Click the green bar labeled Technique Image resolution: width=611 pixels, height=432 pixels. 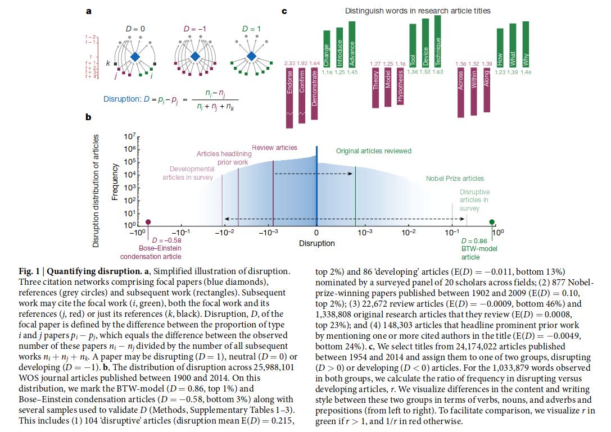tap(438, 41)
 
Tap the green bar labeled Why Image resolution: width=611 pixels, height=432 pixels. tap(526, 44)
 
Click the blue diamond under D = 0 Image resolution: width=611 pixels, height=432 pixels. tap(135, 57)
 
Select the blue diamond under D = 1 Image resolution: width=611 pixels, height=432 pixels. tap(251, 57)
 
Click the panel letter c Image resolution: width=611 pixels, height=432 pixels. tap(285, 11)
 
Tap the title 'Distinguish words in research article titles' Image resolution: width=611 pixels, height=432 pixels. tap(418, 11)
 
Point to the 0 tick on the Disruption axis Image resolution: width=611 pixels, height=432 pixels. tap(316, 232)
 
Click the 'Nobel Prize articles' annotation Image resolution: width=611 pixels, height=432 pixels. tap(455, 179)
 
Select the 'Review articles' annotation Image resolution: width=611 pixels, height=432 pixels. tap(274, 148)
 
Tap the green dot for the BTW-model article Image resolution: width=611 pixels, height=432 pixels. tap(492, 222)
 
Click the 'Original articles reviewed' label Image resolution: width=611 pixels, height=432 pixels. tap(373, 151)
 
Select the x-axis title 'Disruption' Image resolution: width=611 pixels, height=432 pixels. tap(316, 243)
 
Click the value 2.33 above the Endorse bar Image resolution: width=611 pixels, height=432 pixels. tap(290, 63)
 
